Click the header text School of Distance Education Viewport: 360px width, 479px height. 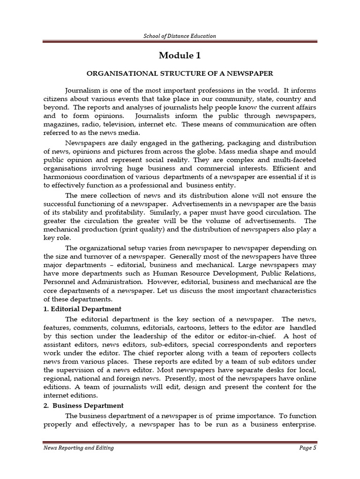[180, 36]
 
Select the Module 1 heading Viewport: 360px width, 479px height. [180, 56]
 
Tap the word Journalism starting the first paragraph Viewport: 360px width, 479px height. [83, 90]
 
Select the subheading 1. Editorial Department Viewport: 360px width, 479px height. [82, 309]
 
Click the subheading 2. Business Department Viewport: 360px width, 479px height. [83, 405]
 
